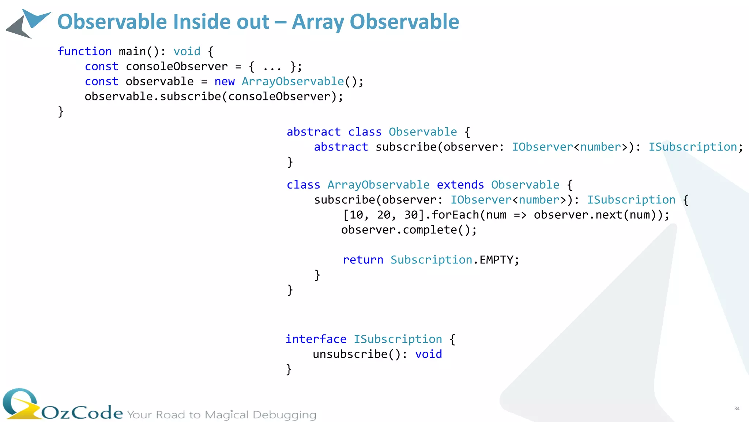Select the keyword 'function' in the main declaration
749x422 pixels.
[84, 51]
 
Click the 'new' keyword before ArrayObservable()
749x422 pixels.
[225, 81]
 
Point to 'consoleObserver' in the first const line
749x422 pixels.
[177, 66]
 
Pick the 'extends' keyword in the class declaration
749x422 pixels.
[460, 185]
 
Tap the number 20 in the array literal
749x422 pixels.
[384, 215]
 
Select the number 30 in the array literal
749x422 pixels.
[411, 215]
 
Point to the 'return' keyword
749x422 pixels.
[363, 260]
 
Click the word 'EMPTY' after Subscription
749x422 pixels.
[497, 260]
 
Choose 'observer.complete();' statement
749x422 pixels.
[409, 230]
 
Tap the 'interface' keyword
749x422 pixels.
[316, 339]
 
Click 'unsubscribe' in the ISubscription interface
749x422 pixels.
[350, 354]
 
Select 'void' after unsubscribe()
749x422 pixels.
[428, 354]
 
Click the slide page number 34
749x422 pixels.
[737, 408]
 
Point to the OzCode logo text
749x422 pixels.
[82, 413]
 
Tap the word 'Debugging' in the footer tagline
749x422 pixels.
[284, 415]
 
